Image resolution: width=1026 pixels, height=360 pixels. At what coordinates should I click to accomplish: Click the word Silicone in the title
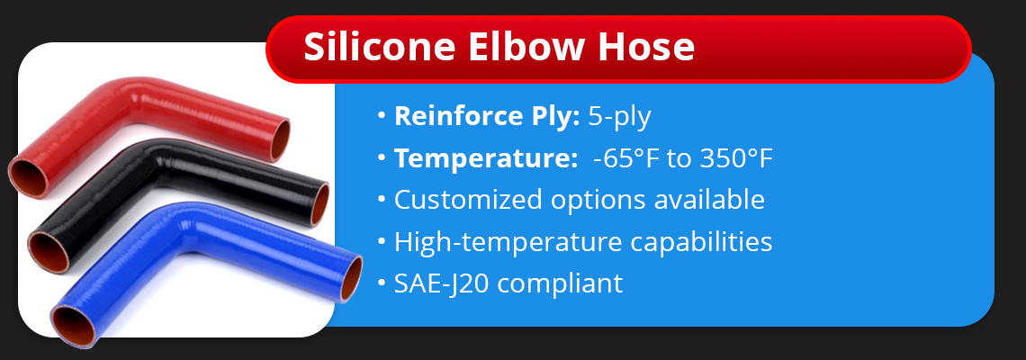380,47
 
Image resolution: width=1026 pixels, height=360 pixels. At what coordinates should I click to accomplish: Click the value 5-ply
620,117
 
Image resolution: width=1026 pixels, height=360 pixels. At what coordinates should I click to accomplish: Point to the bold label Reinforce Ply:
487,117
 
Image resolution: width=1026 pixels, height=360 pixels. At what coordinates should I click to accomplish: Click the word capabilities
701,242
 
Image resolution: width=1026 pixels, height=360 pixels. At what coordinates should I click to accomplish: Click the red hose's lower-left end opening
28,177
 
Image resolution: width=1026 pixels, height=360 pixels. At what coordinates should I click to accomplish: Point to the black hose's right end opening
319,203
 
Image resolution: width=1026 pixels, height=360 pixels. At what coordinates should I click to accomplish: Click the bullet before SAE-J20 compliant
382,284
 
